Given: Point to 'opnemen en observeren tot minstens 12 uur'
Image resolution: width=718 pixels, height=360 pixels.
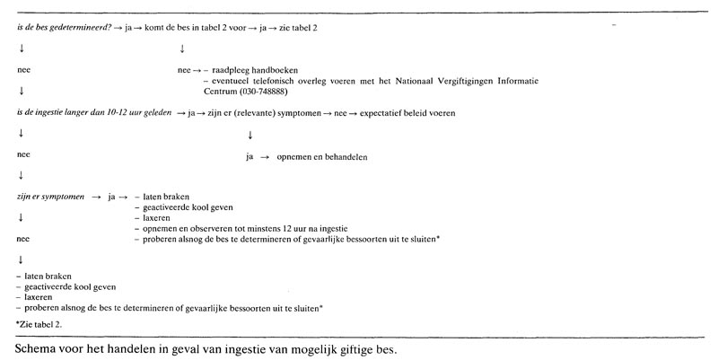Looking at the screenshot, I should [226, 229].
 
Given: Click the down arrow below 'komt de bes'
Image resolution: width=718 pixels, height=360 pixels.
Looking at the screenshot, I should [183, 48].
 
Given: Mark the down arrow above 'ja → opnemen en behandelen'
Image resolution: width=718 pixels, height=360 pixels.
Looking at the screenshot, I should [249, 135].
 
